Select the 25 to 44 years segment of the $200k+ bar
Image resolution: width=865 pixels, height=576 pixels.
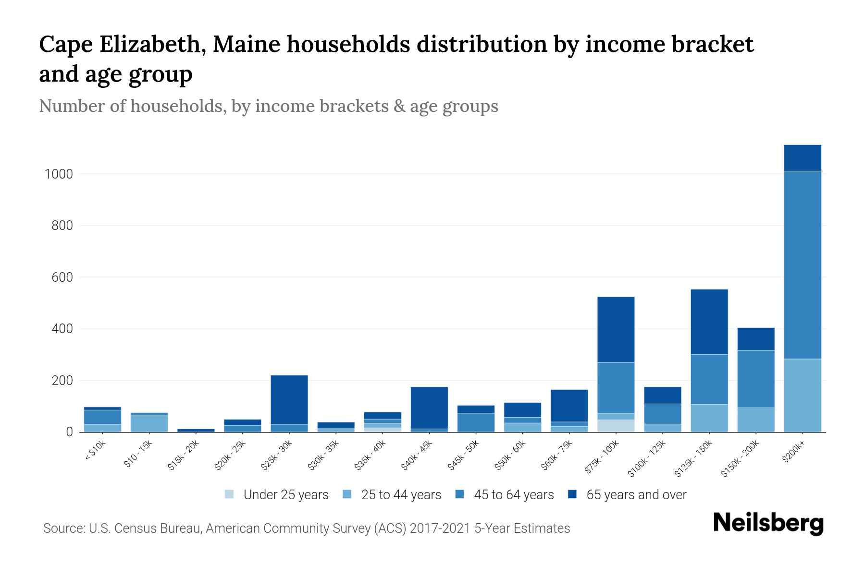click(x=802, y=396)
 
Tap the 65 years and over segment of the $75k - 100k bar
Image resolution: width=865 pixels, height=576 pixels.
click(x=616, y=329)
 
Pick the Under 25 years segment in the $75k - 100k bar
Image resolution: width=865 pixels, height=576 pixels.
click(x=616, y=426)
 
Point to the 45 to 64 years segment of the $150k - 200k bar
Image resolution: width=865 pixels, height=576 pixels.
click(x=755, y=379)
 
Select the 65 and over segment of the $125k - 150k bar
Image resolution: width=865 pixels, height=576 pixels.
click(x=709, y=322)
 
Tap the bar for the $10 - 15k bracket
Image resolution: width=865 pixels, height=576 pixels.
click(x=149, y=423)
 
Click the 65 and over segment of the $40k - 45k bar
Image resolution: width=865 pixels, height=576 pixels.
click(x=429, y=408)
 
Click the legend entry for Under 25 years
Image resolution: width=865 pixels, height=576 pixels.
click(x=277, y=495)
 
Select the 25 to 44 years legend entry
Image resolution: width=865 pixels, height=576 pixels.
click(x=392, y=495)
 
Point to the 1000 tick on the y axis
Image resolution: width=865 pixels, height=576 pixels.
click(x=59, y=174)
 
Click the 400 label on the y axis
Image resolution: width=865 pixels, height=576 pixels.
click(x=62, y=329)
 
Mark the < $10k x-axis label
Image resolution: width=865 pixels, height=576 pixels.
click(x=95, y=451)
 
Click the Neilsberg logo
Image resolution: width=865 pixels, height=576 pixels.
click(x=768, y=523)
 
